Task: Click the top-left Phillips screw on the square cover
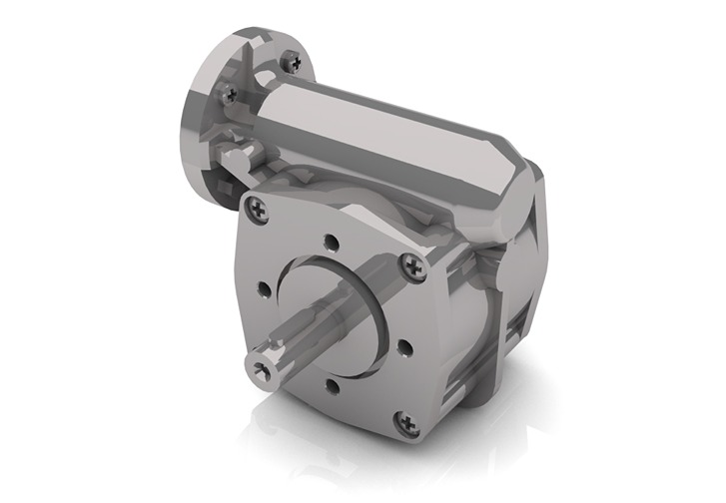tap(260, 208)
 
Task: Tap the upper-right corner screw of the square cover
tap(411, 264)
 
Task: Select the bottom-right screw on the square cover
tap(403, 423)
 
